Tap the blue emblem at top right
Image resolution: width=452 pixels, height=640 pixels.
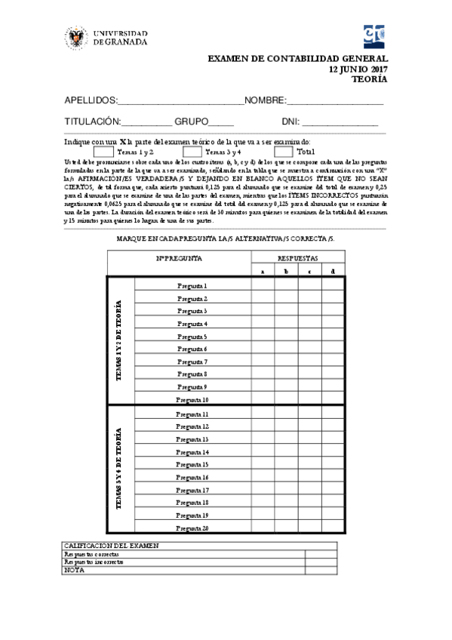pos(375,35)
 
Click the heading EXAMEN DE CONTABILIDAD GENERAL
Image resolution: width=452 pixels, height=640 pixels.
pos(297,59)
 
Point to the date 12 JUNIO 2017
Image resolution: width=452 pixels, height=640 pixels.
pos(358,69)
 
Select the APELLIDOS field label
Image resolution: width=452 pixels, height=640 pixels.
pos(91,100)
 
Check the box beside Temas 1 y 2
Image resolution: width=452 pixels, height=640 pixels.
pos(103,152)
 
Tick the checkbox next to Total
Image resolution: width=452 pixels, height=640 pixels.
pos(283,152)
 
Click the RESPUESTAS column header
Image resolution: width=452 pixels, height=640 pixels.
pos(298,257)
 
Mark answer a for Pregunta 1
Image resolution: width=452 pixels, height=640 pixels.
pos(263,285)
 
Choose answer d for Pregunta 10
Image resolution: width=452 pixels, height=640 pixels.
pos(334,399)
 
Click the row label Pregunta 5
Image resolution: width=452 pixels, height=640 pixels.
pos(192,337)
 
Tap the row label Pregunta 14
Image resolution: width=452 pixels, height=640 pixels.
pos(192,452)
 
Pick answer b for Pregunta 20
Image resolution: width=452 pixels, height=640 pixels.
pos(286,528)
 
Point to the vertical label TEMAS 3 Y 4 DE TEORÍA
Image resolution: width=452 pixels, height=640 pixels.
pos(119,469)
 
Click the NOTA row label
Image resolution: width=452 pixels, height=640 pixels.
pos(74,571)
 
